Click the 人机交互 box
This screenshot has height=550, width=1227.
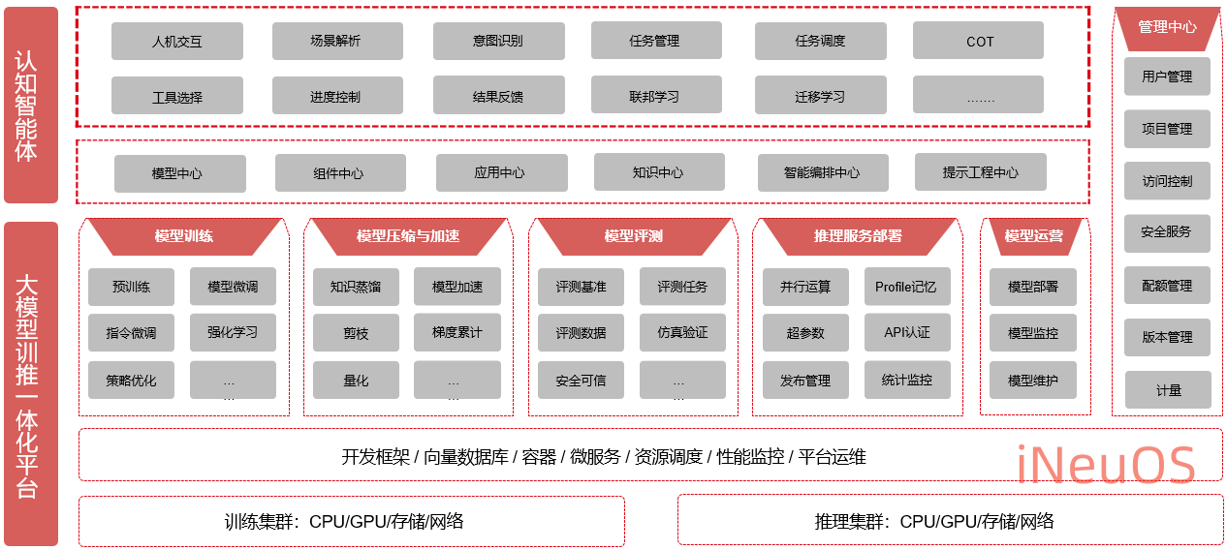pos(177,42)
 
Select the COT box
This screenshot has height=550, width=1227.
pos(978,42)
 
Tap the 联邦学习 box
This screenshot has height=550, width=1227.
pos(655,96)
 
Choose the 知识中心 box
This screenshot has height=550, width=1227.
pos(658,172)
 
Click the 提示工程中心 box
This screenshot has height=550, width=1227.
pos(980,172)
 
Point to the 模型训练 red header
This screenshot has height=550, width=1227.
pos(184,235)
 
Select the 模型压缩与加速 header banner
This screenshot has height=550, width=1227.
pos(407,235)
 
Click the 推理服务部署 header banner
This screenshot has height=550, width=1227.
pos(857,235)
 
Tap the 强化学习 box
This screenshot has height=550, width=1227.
pos(233,332)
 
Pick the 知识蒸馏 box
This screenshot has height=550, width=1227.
pos(356,287)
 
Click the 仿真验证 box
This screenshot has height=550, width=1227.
pos(682,332)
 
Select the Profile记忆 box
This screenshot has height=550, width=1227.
pos(907,287)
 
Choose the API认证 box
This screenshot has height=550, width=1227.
pos(907,332)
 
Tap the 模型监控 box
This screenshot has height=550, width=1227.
pos(1033,333)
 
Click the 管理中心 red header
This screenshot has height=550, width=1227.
pos(1167,27)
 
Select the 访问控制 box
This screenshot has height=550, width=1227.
pos(1167,181)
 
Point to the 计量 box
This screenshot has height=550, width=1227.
pos(1168,389)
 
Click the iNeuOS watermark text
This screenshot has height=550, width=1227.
pos(1105,466)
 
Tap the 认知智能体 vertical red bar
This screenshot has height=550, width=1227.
pos(30,105)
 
